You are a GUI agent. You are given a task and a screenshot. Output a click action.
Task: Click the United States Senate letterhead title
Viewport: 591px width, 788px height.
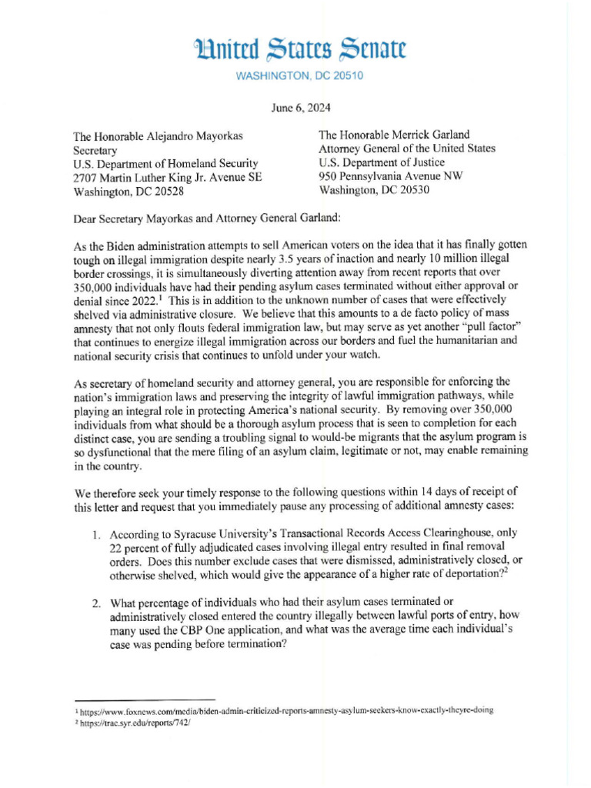299,50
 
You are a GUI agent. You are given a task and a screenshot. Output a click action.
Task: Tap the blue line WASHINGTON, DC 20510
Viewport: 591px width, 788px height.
299,76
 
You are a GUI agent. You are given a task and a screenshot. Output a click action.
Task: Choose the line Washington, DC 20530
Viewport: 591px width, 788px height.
375,191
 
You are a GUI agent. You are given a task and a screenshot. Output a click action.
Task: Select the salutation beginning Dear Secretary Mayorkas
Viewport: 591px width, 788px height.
205,218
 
